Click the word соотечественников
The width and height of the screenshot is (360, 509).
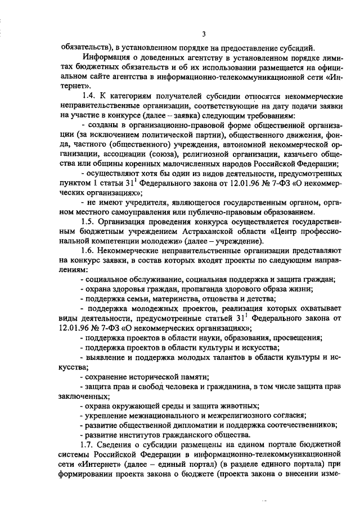point(300,425)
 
